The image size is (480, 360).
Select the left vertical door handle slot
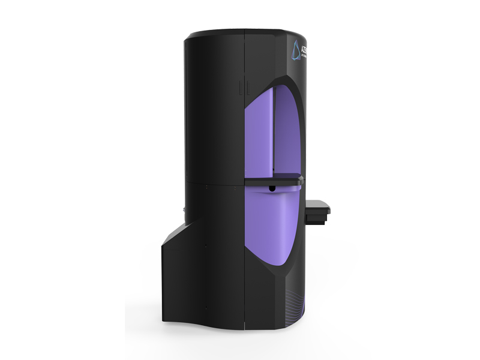coord(238,87)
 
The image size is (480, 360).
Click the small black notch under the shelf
coord(272,188)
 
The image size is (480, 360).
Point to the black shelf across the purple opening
coord(270,178)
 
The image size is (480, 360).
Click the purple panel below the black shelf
coord(270,228)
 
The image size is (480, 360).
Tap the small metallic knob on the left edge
coord(181,210)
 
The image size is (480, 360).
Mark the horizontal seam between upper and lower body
coord(210,178)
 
